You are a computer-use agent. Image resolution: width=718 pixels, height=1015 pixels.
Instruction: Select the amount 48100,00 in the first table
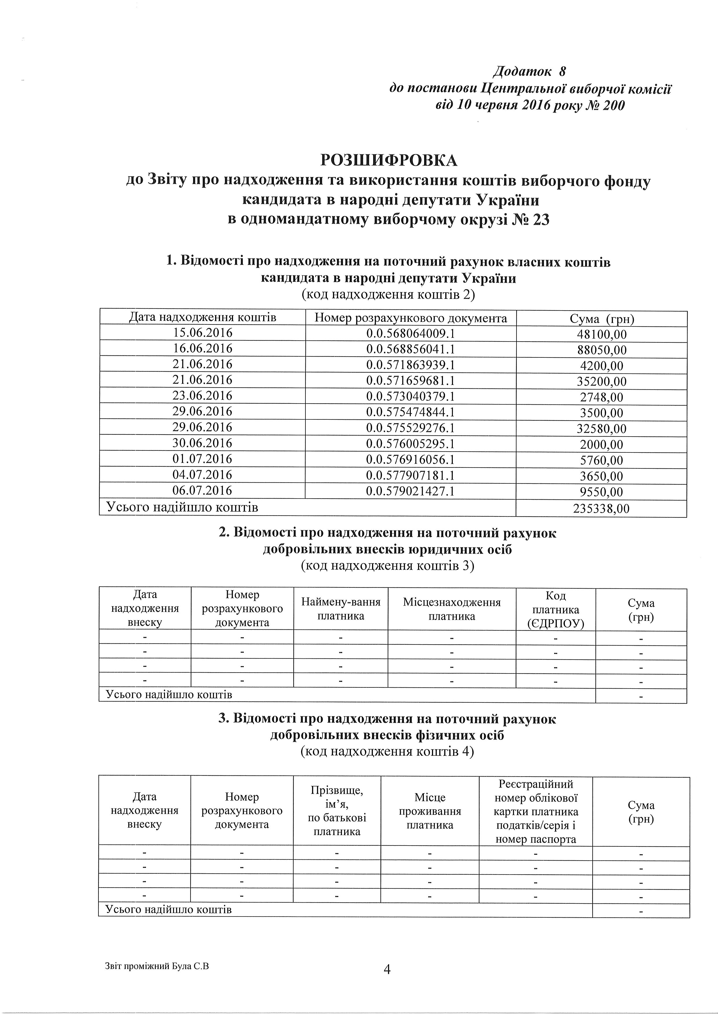(602, 334)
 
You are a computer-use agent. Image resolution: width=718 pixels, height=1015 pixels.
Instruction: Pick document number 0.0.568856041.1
(411, 349)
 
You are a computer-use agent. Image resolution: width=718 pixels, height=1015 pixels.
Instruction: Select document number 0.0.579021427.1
(411, 491)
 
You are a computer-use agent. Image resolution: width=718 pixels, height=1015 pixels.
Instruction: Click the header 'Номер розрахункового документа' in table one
(411, 318)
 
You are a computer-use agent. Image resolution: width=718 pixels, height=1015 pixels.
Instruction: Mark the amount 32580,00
(602, 428)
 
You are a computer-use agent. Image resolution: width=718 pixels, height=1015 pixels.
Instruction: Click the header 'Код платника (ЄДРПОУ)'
(556, 609)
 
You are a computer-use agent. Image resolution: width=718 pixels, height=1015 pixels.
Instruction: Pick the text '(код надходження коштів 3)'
(387, 566)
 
